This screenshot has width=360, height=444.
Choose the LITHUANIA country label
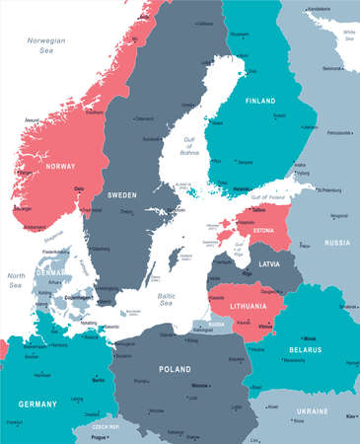(x=238, y=307)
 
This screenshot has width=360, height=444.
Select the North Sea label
(x=16, y=281)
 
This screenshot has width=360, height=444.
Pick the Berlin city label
(x=98, y=379)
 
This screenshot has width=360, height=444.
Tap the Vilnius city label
(x=264, y=327)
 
